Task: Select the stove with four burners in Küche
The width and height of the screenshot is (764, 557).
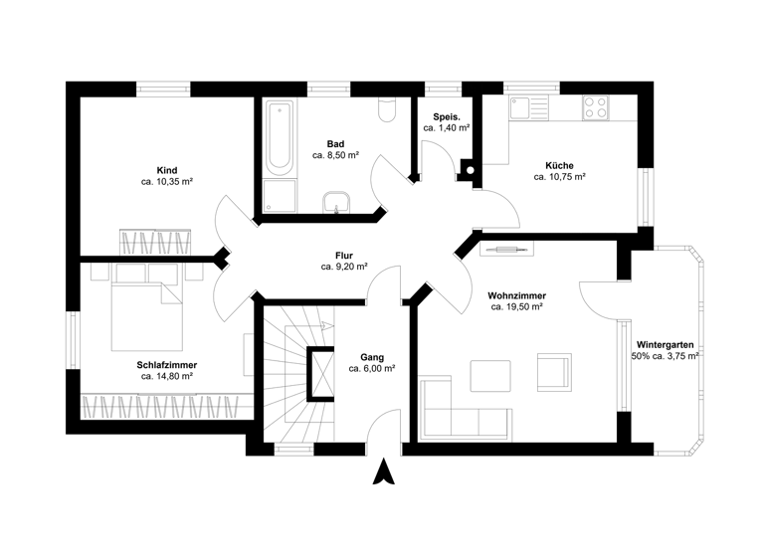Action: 596,106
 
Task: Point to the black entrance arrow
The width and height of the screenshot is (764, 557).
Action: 382,472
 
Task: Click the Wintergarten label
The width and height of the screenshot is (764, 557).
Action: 665,343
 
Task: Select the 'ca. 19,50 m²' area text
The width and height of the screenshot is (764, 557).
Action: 516,308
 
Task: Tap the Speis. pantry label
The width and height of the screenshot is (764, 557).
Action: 446,115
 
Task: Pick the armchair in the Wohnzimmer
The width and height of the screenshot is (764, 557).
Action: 553,372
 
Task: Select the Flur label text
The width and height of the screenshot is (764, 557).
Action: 344,255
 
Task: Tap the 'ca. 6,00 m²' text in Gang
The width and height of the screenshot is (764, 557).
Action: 372,368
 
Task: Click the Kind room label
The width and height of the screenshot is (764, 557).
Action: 166,170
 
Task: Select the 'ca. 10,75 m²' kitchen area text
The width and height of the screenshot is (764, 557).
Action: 559,177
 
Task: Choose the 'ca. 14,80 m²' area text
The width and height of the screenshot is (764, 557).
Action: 166,377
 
